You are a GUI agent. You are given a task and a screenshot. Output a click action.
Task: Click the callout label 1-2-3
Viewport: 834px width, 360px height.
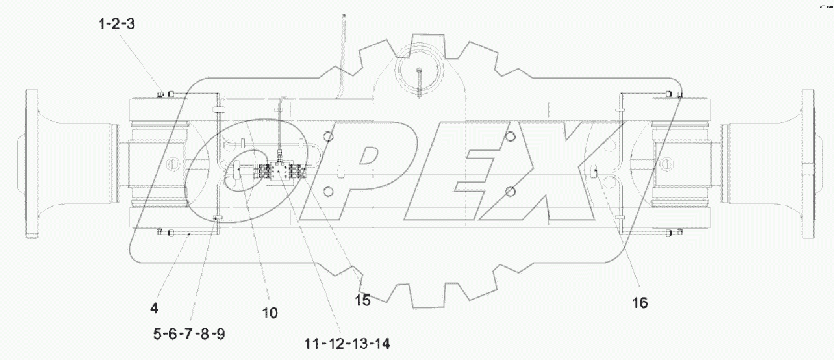116,25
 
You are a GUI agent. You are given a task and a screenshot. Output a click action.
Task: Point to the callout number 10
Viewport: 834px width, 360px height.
270,313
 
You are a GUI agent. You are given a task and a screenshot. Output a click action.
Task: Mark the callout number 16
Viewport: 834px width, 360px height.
640,303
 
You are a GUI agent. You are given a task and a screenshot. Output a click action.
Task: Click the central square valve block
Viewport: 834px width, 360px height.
279,172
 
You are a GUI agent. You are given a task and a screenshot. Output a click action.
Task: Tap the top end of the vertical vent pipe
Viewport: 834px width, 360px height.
343,14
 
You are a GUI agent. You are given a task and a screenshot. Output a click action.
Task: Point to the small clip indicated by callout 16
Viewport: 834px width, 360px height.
595,172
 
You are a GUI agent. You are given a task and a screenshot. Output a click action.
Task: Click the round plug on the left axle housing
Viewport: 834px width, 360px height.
172,163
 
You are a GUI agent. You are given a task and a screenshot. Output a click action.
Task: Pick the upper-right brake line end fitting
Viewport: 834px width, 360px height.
677,96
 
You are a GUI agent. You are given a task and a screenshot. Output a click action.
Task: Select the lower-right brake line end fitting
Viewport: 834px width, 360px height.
676,231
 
